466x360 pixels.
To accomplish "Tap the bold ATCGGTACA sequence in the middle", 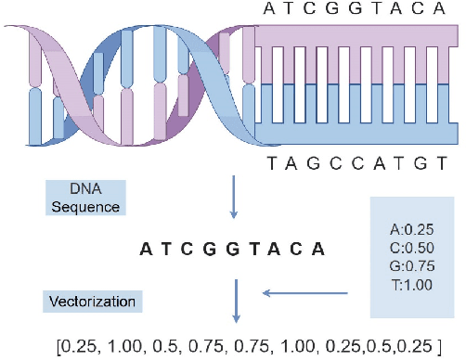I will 232,250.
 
